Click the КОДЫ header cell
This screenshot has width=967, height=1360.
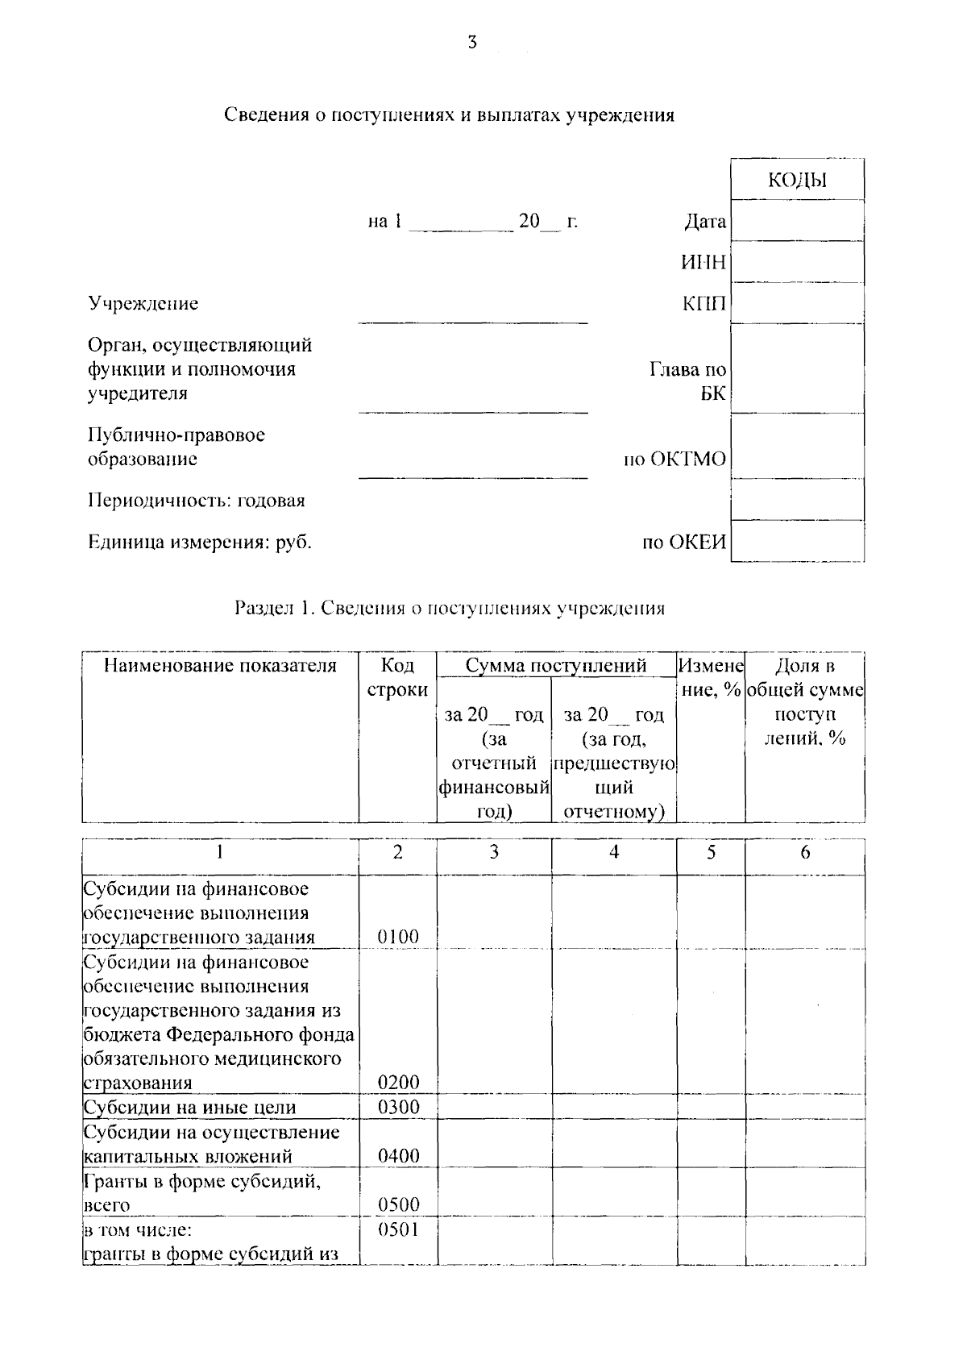coord(797,181)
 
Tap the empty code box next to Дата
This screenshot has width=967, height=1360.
coord(797,221)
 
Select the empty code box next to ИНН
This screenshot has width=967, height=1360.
coord(797,262)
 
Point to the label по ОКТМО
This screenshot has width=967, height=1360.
coord(674,460)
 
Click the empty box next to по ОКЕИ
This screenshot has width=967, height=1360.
coord(797,542)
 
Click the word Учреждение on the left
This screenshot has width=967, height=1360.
coord(143,304)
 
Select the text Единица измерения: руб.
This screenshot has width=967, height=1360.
coord(199,542)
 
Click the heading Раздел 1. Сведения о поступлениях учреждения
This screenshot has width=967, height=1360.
coord(449,608)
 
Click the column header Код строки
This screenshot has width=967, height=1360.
coord(397,678)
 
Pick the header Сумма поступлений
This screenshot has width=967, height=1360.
coord(556,666)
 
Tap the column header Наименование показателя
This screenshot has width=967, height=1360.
coord(220,666)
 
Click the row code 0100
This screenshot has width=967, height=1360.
coord(398,937)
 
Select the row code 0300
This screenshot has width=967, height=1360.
coord(398,1107)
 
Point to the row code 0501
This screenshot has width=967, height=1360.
coord(398,1229)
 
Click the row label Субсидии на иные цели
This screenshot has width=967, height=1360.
coord(190,1108)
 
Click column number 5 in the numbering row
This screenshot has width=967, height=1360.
coord(711,852)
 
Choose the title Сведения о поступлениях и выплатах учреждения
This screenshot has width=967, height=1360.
coord(449,114)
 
